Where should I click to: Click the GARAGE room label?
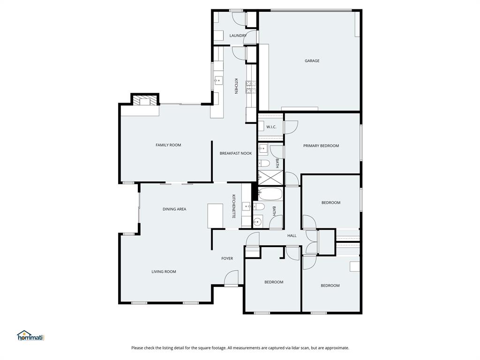tap(312, 60)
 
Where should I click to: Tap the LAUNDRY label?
tap(238, 36)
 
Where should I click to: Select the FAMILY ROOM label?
tap(168, 145)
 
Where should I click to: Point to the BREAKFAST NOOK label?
tap(236, 153)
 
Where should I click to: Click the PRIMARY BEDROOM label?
tap(321, 146)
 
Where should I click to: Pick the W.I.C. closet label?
tap(271, 127)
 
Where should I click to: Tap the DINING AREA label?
tap(174, 209)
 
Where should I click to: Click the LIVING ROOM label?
tap(164, 271)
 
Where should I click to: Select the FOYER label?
tap(227, 258)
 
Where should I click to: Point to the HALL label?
tap(292, 236)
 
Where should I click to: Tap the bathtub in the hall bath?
tap(270, 194)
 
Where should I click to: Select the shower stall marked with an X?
tap(270, 178)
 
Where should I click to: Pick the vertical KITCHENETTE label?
tap(234, 206)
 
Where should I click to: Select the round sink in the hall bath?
tap(257, 222)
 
